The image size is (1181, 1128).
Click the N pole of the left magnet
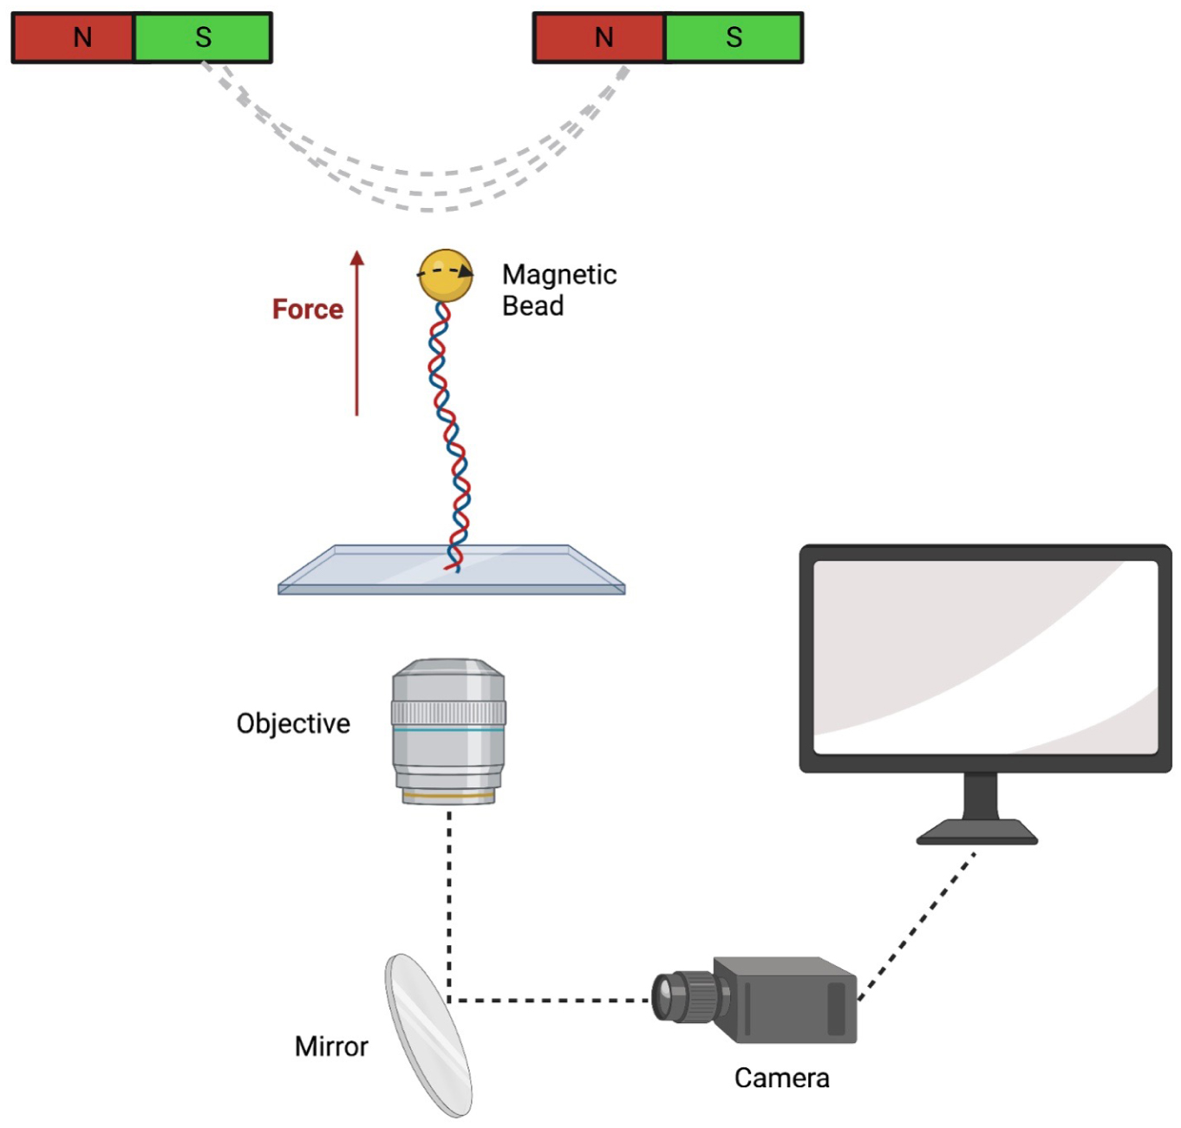(75, 37)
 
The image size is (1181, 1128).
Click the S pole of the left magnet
(203, 37)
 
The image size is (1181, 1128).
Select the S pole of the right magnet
(734, 37)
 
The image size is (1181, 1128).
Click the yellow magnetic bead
(446, 275)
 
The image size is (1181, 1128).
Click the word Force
(307, 310)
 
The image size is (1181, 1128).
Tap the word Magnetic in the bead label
(559, 275)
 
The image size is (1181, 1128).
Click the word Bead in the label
(532, 306)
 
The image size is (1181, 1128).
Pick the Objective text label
(293, 724)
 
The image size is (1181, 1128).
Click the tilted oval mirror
(428, 1035)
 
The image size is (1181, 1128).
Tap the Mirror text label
(331, 1046)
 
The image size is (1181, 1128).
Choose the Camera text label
(781, 1078)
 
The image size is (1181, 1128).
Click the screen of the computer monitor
(985, 656)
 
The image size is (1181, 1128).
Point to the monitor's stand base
(977, 834)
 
